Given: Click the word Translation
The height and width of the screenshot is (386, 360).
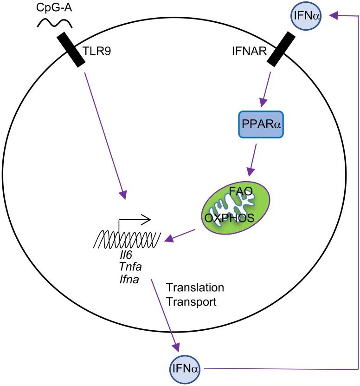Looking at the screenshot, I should point(195,288).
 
